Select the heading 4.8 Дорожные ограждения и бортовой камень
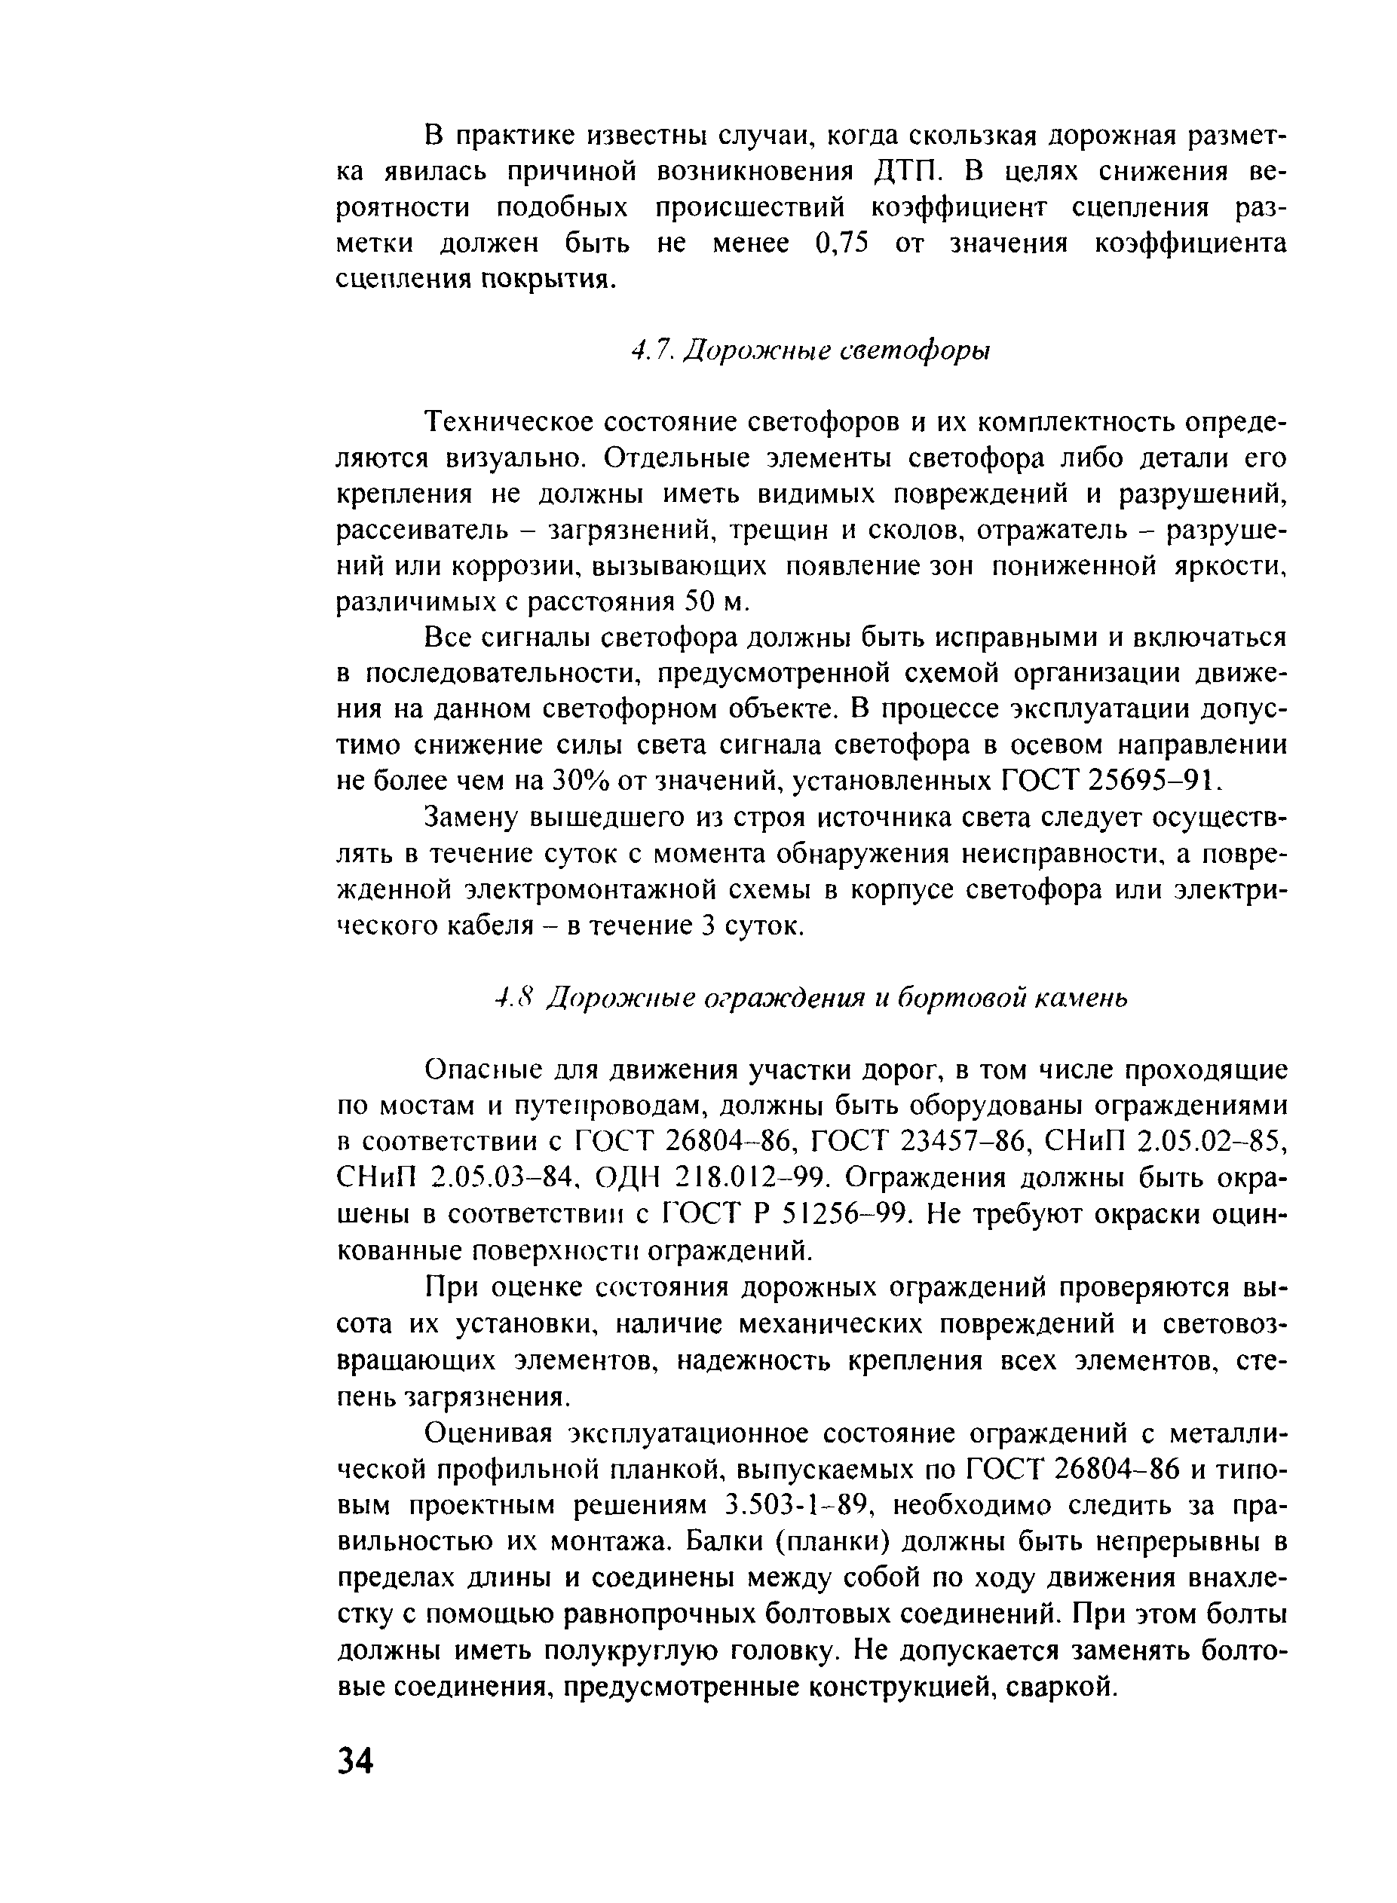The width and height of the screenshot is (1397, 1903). (811, 999)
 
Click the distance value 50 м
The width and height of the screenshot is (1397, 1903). (716, 602)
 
